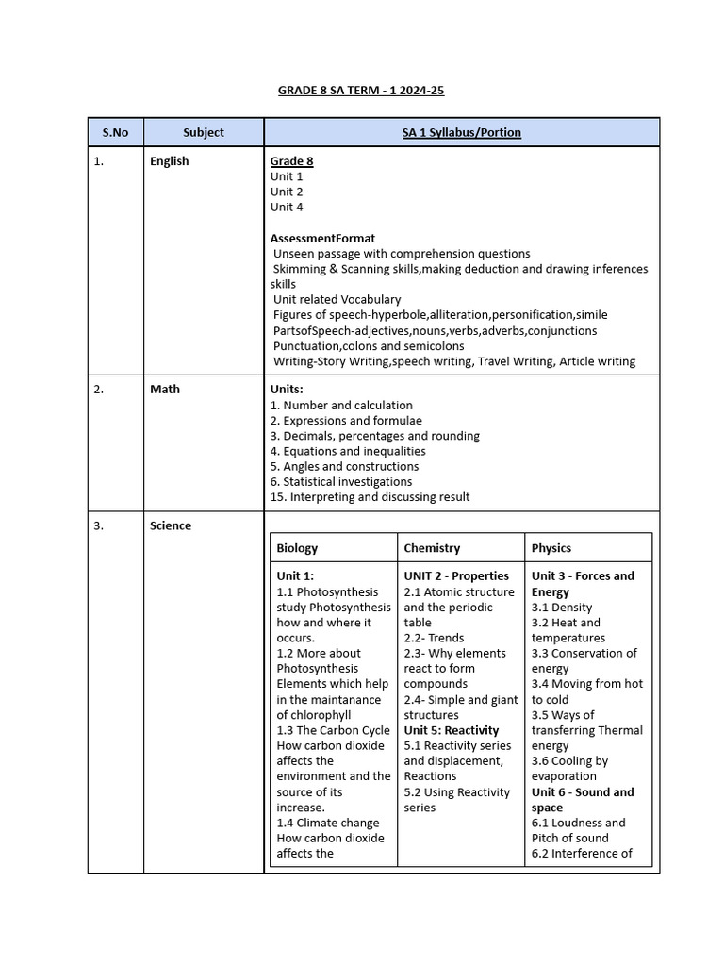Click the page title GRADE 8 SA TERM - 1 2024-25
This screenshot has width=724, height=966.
(361, 91)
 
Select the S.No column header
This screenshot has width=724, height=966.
(115, 132)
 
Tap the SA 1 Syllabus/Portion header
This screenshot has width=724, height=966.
(461, 132)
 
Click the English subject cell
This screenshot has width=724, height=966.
(169, 161)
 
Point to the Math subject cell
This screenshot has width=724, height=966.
(164, 390)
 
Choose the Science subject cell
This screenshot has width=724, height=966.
(170, 526)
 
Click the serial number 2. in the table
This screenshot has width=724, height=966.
(98, 390)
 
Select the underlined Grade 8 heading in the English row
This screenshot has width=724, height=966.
(291, 161)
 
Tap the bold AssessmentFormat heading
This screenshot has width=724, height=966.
(322, 239)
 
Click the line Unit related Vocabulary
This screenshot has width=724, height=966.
(337, 300)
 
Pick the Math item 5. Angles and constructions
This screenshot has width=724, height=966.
(344, 467)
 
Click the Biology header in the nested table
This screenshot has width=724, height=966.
(297, 548)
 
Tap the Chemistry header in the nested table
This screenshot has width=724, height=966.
(432, 548)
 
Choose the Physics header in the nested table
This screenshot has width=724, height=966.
(551, 548)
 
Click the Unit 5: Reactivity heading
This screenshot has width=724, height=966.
(452, 731)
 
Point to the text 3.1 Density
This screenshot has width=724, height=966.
(562, 608)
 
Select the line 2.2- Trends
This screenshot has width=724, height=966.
(434, 639)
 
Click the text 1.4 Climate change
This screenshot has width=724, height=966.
(328, 824)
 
